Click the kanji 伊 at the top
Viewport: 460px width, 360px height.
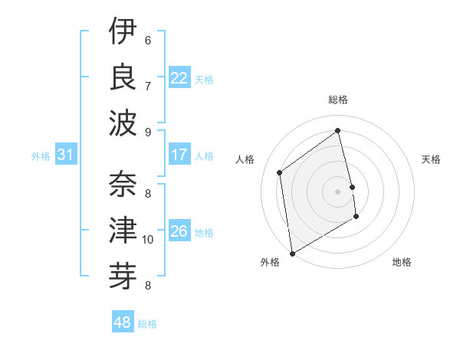coord(123,31)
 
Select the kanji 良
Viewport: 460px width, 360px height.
coord(123,75)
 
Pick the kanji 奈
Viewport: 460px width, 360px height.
coord(123,184)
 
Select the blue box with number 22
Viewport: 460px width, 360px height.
coord(179,78)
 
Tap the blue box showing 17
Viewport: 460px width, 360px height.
coord(179,155)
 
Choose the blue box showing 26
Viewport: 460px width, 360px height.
coord(179,231)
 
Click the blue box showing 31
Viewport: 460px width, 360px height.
coord(65,155)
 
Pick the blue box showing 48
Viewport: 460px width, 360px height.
coord(122,322)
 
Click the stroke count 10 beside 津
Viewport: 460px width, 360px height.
coord(148,240)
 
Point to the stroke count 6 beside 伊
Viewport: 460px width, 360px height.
coord(148,40)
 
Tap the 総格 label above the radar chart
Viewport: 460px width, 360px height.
coord(338,100)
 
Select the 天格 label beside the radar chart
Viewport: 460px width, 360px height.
coord(432,159)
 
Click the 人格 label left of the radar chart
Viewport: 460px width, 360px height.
coord(245,159)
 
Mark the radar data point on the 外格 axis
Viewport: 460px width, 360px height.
coord(292,254)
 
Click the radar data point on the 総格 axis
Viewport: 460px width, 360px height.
coord(338,130)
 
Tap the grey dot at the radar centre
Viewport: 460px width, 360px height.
coord(338,191)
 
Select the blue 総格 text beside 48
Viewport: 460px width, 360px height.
coord(148,324)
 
